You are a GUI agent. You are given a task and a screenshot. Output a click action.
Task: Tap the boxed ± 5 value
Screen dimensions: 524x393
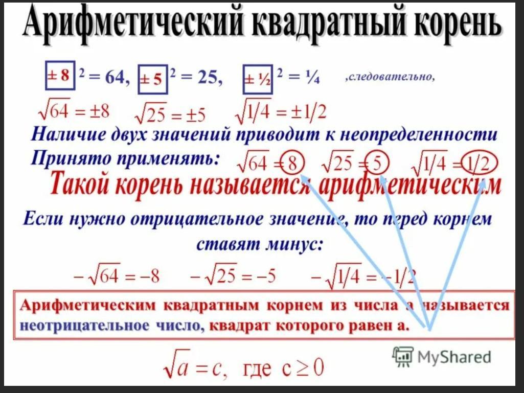[153, 79]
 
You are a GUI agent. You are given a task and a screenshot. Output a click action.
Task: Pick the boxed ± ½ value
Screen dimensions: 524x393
[258, 79]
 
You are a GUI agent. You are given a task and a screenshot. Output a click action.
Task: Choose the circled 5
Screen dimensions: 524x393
[377, 164]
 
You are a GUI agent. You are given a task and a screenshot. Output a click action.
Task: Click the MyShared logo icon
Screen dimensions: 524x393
[403, 356]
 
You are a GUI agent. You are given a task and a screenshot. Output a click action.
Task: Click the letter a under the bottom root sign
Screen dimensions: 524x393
[181, 369]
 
